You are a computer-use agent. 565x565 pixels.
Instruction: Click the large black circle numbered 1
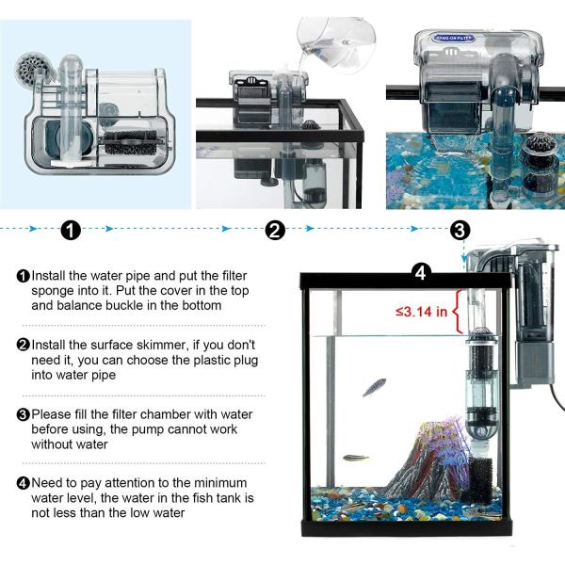pos(71,230)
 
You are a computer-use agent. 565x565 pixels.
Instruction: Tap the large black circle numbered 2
pos(275,230)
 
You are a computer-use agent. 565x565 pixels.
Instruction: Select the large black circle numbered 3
pos(460,230)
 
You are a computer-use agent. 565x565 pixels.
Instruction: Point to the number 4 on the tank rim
pos(421,273)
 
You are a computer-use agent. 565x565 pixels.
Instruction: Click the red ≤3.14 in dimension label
pos(422,312)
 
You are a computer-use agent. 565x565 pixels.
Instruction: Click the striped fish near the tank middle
pos(374,387)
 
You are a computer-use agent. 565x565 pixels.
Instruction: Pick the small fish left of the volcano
pos(355,458)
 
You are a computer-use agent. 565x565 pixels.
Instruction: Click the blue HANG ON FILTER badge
pos(454,38)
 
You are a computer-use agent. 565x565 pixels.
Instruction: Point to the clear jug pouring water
pos(336,45)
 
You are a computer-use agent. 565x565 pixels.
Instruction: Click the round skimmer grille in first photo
pos(31,68)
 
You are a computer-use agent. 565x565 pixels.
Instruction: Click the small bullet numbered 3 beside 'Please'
pos(23,414)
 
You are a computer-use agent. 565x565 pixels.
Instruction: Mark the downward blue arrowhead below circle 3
pos(464,259)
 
